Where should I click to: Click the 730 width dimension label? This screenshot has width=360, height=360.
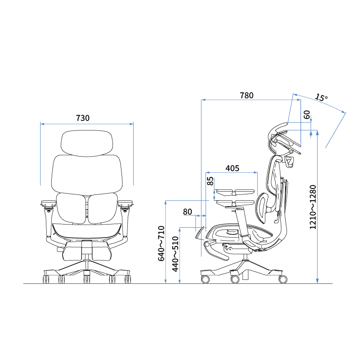click(83, 118)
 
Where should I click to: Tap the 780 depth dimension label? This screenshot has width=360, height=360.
click(247, 95)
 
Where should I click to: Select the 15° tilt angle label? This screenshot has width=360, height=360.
click(321, 97)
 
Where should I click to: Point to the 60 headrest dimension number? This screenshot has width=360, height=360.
click(307, 115)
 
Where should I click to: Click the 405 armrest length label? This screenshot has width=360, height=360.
click(232, 168)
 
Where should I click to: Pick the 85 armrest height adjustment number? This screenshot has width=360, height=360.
click(210, 181)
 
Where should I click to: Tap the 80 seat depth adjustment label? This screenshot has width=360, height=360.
click(187, 211)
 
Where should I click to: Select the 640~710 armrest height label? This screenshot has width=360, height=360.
click(161, 243)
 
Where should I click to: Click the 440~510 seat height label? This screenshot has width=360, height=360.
click(175, 254)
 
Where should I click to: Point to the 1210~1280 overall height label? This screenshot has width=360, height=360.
click(313, 207)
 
